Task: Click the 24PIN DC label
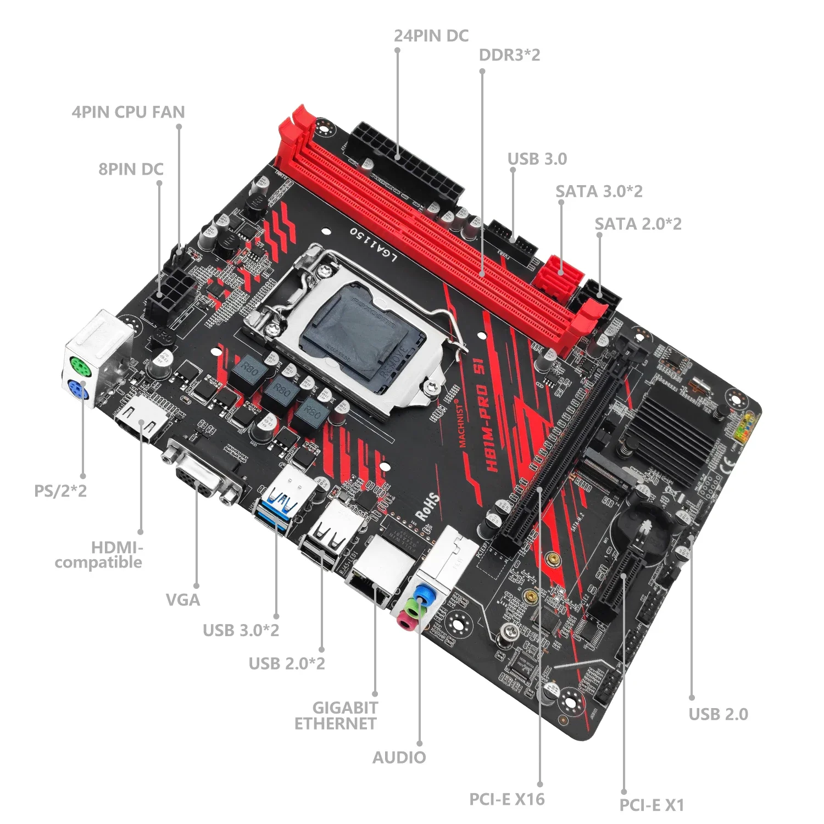[x=431, y=36]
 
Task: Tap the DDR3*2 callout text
[x=509, y=55]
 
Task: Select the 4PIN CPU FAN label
[x=128, y=112]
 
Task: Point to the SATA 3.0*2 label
[x=599, y=191]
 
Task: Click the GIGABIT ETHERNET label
[x=336, y=715]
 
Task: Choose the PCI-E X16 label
[x=506, y=799]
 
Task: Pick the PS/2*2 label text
[x=60, y=491]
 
